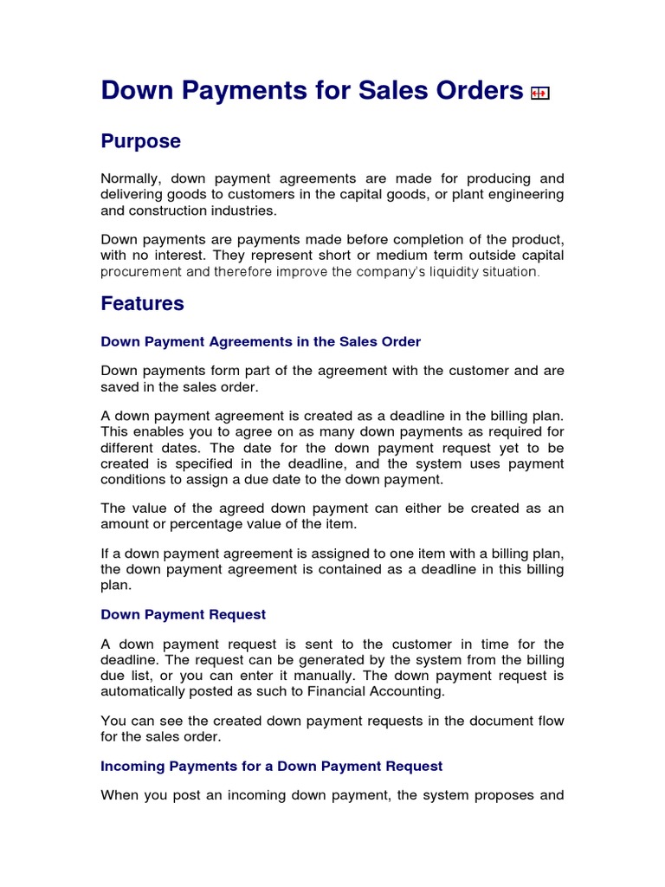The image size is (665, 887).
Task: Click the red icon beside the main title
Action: point(540,94)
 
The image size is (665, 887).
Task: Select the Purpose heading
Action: point(141,141)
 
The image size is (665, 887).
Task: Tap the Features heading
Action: point(143,303)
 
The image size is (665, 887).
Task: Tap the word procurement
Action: point(142,271)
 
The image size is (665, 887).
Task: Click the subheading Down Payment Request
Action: point(184,614)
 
